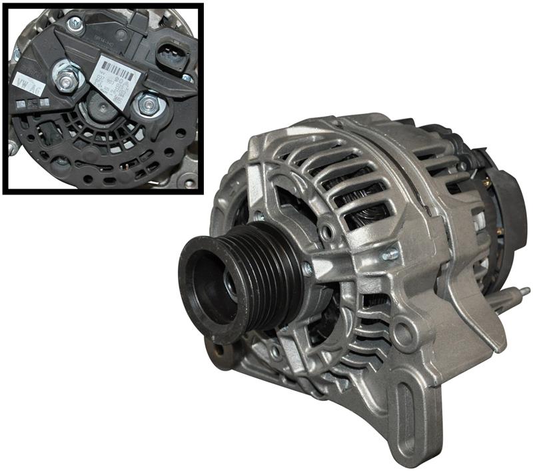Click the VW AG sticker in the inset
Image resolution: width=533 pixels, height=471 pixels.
click(26, 83)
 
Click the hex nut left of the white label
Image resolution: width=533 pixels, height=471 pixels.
click(67, 79)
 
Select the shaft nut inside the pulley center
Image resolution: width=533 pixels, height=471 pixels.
click(227, 283)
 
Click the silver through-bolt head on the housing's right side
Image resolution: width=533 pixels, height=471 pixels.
click(389, 254)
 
